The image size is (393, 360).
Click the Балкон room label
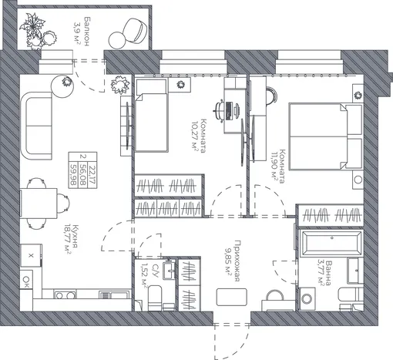point(87,32)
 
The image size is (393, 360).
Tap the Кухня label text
point(75,237)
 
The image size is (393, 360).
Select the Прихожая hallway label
point(237,261)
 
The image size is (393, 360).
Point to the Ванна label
point(328,273)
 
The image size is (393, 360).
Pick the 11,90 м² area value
point(274,166)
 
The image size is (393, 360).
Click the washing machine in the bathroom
point(307,298)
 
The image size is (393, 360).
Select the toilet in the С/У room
point(155,298)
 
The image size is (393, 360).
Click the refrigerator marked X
point(31,255)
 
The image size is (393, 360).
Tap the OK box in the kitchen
point(26,279)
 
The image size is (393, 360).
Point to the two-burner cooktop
point(65,295)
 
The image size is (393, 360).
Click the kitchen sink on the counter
point(114,295)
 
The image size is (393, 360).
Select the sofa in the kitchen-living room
point(37,126)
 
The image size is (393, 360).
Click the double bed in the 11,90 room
point(325,136)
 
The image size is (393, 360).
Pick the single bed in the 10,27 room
point(151,116)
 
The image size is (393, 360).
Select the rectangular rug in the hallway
point(232,297)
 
